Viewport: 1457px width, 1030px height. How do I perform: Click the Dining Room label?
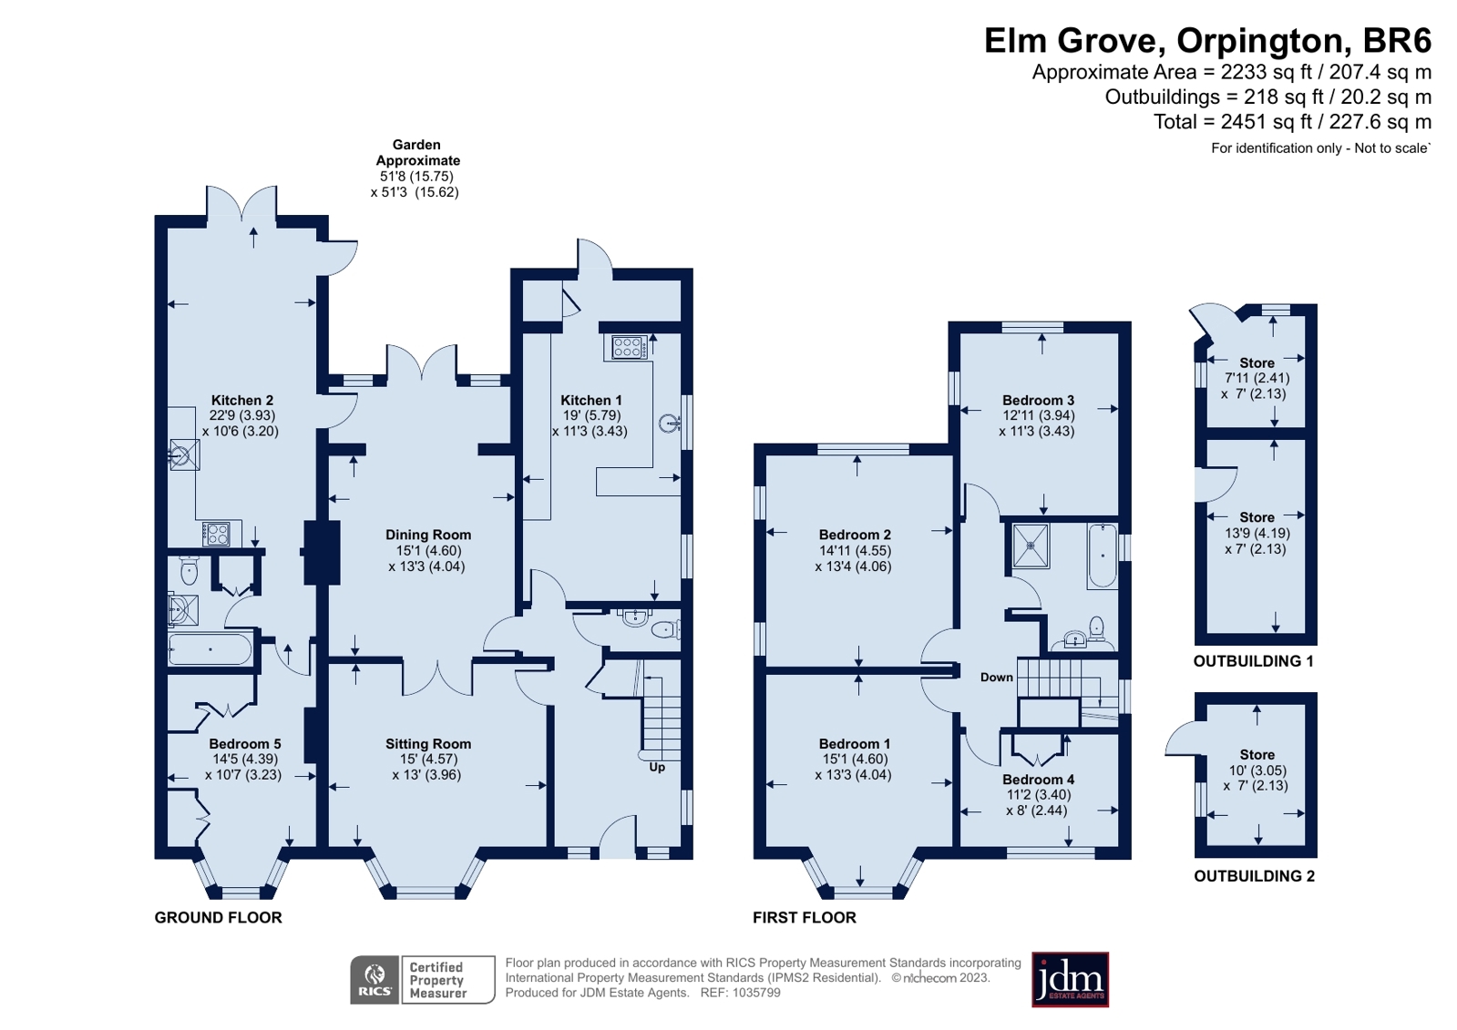(428, 535)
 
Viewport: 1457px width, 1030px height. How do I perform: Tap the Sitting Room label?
(428, 744)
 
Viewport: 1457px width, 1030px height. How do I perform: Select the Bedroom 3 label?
(1038, 400)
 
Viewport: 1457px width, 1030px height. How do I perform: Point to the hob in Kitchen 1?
(626, 347)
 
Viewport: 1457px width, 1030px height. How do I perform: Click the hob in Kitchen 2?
(218, 535)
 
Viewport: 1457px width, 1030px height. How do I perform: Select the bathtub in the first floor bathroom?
(1102, 556)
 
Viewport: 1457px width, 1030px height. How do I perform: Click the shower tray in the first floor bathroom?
(1031, 546)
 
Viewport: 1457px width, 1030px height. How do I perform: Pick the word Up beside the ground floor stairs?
(657, 768)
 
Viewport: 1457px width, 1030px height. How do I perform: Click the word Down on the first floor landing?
(997, 678)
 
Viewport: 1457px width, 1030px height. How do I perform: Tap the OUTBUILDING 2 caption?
(1254, 876)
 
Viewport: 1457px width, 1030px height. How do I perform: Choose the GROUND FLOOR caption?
(218, 917)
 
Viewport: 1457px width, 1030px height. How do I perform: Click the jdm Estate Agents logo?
(1070, 980)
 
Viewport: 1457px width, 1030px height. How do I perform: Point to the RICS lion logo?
(374, 980)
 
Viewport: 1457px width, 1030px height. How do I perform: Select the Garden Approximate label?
(417, 152)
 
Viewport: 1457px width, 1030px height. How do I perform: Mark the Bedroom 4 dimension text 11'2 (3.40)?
(1038, 795)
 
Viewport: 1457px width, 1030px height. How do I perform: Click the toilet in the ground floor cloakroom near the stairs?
(665, 629)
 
